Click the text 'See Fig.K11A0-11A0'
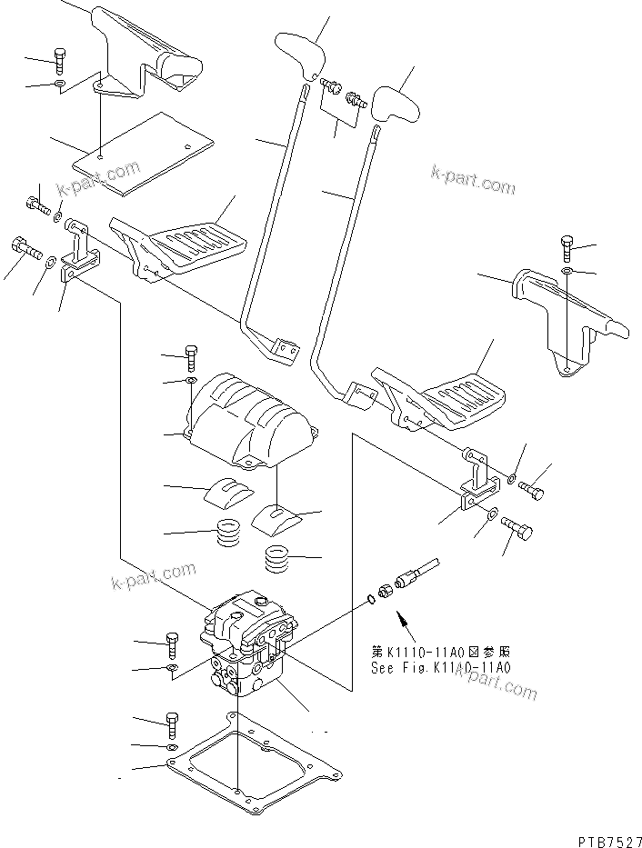point(440,666)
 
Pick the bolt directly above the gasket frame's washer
point(172,724)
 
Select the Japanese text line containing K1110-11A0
point(440,651)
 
